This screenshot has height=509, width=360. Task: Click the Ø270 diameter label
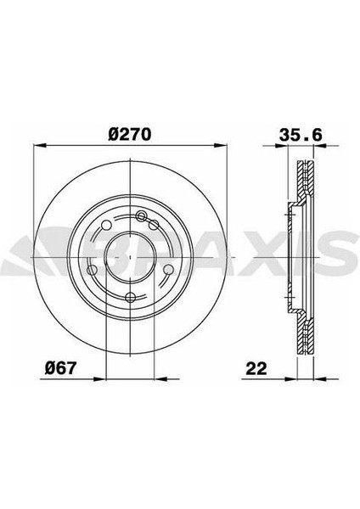[129, 134]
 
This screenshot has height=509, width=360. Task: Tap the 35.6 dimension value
[301, 134]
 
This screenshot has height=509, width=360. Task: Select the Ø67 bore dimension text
[60, 368]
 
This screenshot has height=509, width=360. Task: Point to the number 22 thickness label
[256, 368]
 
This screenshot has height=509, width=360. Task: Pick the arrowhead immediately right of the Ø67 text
[99, 378]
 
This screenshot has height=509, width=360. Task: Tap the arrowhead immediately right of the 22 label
[290, 378]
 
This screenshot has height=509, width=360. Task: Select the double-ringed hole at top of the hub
[141, 215]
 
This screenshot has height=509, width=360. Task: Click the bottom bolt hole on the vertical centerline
[130, 297]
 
